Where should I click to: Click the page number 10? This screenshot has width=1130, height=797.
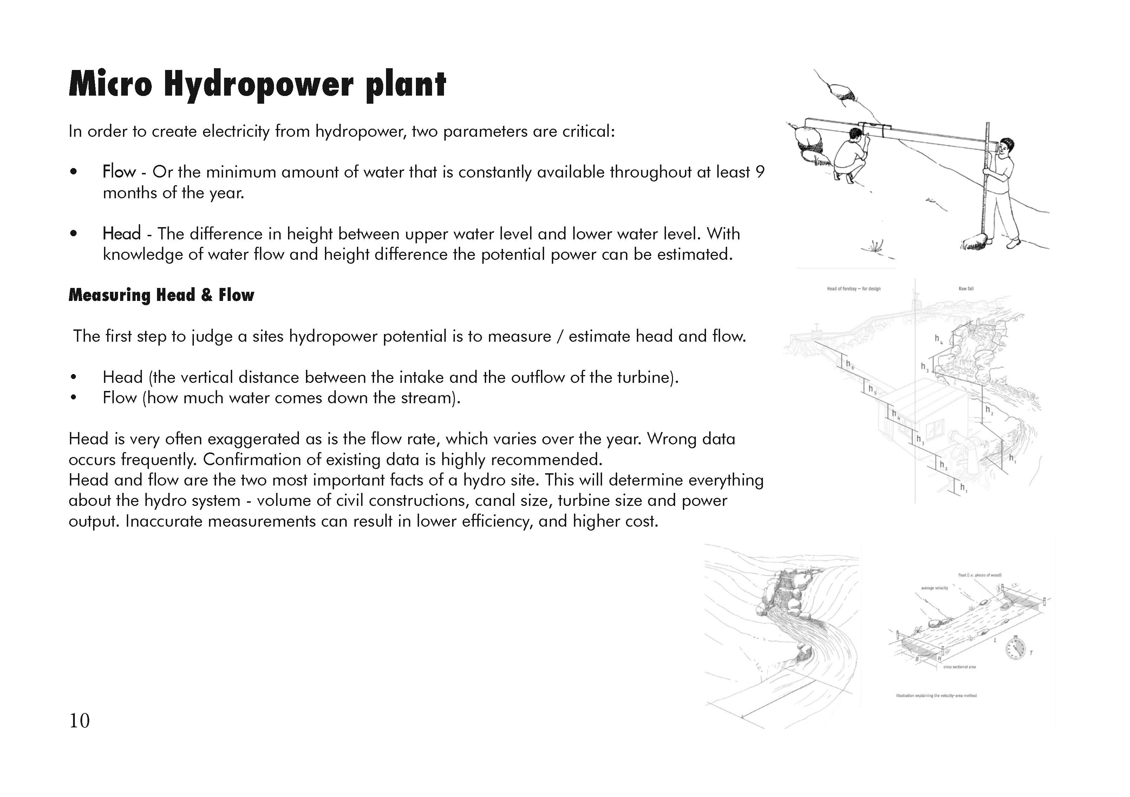pos(79,721)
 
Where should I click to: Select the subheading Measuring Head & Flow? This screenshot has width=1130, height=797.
pos(161,295)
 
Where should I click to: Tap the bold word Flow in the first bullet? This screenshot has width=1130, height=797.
pos(119,172)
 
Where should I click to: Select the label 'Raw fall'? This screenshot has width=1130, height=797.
pos(966,289)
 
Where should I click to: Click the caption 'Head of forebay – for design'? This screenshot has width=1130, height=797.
pos(854,289)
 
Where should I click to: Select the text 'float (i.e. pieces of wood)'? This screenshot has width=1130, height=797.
pos(979,575)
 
